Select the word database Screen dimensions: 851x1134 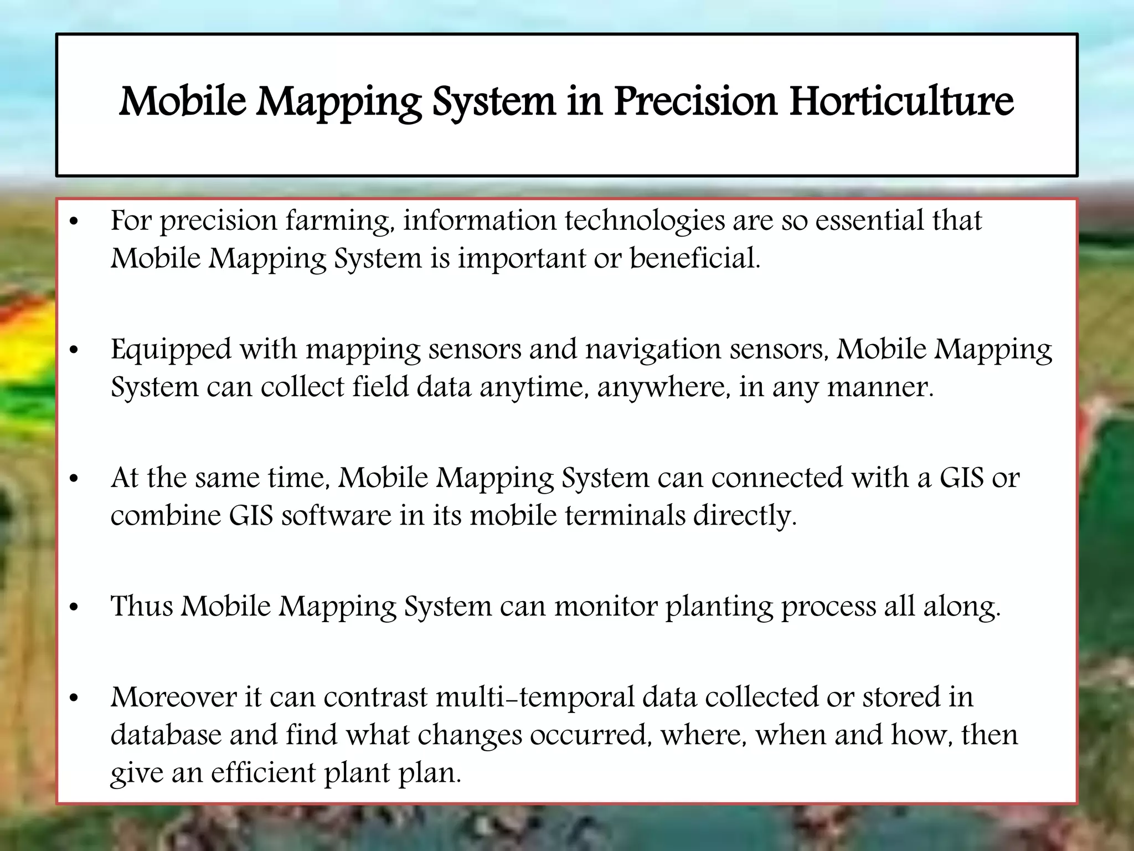pyautogui.click(x=166, y=735)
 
